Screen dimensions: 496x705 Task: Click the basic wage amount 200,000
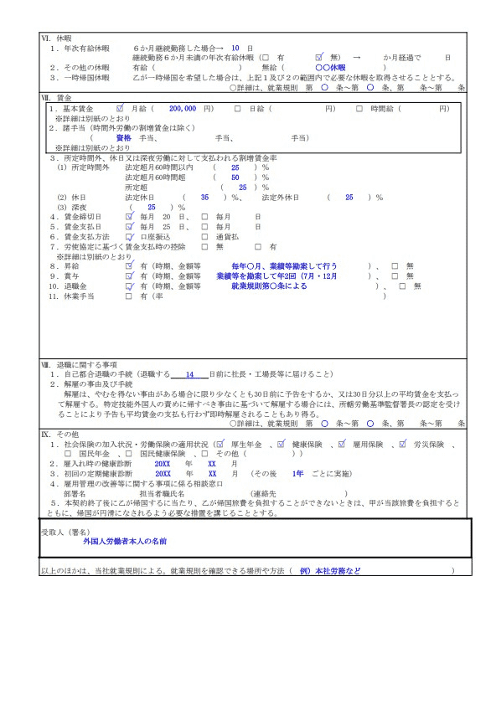click(x=182, y=109)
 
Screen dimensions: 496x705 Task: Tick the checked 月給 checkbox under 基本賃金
click(x=121, y=109)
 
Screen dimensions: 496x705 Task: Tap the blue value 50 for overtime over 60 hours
click(x=235, y=178)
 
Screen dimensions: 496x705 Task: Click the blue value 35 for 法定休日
click(x=205, y=197)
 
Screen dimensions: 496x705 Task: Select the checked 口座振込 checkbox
click(x=129, y=237)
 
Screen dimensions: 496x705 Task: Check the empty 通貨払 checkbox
click(x=206, y=237)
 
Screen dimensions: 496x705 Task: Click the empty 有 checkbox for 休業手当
click(x=129, y=296)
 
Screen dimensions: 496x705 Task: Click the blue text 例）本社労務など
click(x=326, y=571)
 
